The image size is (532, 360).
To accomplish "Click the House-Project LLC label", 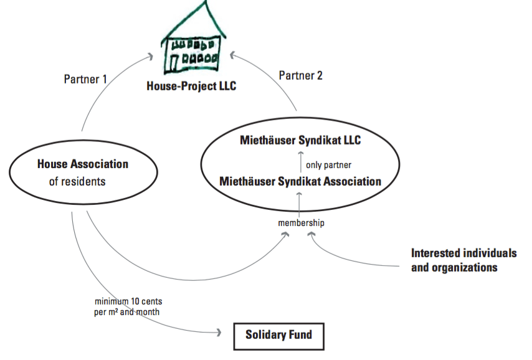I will point(191,86).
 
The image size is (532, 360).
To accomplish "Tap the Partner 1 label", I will point(85,80).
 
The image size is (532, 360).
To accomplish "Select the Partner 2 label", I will point(301,76).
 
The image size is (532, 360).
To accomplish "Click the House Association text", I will point(83,164).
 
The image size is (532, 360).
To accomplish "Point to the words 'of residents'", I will point(77,182).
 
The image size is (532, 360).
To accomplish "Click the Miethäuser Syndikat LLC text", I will point(300,141).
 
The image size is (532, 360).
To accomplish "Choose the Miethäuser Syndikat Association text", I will point(300,182).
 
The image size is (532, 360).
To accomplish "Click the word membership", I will point(301,222).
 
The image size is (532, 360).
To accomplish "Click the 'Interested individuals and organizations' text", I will point(463,260).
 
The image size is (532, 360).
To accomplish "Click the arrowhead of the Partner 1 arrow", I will point(150,57).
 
